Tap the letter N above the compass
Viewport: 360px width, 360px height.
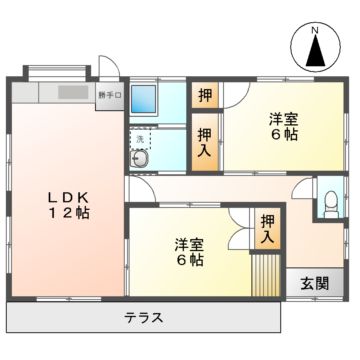click(315, 31)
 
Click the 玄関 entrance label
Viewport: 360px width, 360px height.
click(312, 282)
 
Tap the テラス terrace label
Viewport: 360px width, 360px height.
click(144, 318)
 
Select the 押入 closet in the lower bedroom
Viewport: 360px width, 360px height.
click(267, 231)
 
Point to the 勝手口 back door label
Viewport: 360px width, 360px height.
click(109, 97)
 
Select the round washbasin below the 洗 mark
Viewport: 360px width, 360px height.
click(141, 160)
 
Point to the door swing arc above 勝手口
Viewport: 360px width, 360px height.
click(111, 75)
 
